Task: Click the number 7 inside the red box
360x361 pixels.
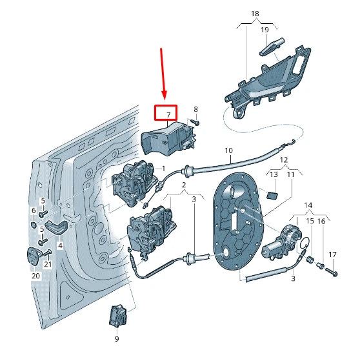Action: coord(168,114)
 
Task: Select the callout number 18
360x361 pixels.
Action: coord(255,13)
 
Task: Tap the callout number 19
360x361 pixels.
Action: coord(265,30)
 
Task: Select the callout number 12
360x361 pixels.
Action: coord(283,159)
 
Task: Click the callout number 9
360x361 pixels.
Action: coord(117,338)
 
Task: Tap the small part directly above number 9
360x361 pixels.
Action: coord(117,315)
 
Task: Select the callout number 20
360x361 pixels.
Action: coord(35,275)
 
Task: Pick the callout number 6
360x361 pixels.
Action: coord(34,211)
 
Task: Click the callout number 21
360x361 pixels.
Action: coord(48,265)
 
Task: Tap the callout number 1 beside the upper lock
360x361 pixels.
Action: coord(164,169)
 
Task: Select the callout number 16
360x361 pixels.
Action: coord(321,222)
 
